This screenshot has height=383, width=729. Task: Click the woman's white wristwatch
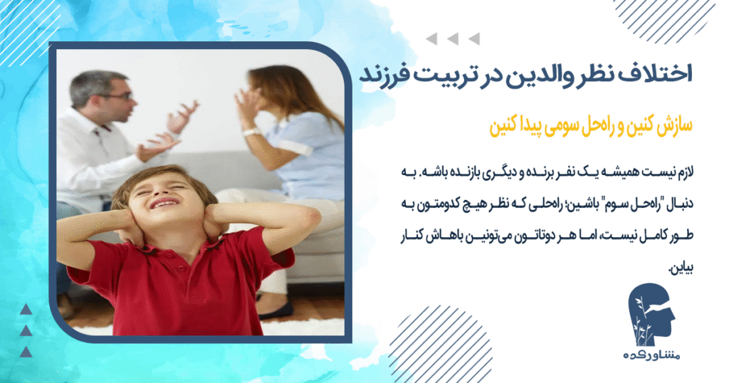click(x=250, y=132)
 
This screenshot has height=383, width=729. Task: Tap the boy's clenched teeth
click(x=163, y=205)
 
